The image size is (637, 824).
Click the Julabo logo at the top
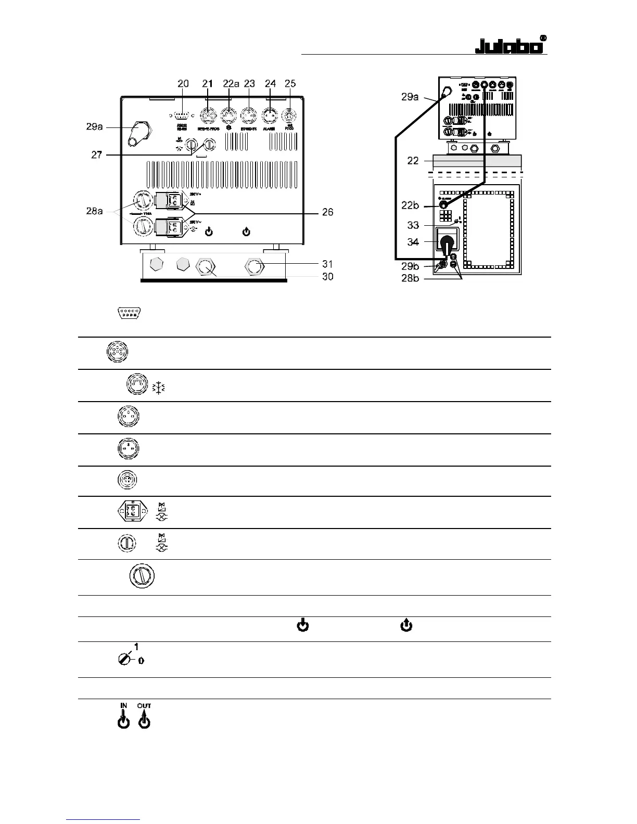point(511,45)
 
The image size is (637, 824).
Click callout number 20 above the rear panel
point(183,84)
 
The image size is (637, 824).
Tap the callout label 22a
point(231,84)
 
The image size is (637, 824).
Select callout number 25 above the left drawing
point(290,84)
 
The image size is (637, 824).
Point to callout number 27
point(97,154)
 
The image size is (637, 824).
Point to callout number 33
point(413,225)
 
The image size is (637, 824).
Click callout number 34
point(413,241)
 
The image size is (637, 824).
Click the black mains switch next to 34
point(447,244)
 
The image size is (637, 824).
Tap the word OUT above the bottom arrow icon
point(144,706)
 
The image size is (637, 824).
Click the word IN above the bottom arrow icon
point(124,706)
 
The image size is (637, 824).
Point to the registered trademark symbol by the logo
point(543,38)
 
